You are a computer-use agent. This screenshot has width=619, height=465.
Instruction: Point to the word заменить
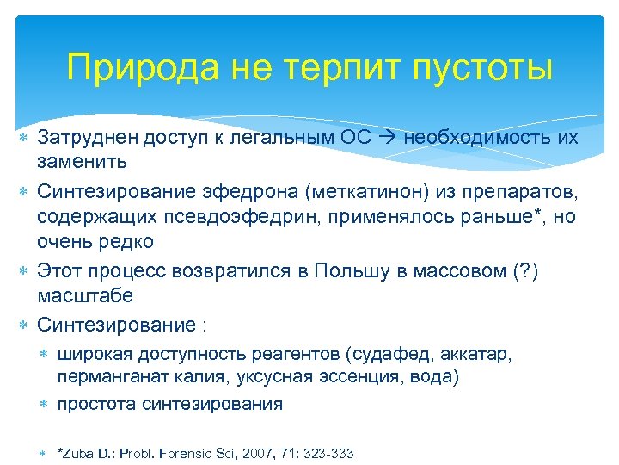[x=83, y=161]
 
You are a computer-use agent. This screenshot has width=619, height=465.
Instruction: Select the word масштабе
[x=85, y=295]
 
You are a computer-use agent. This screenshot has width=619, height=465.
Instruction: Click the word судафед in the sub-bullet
[x=411, y=354]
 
